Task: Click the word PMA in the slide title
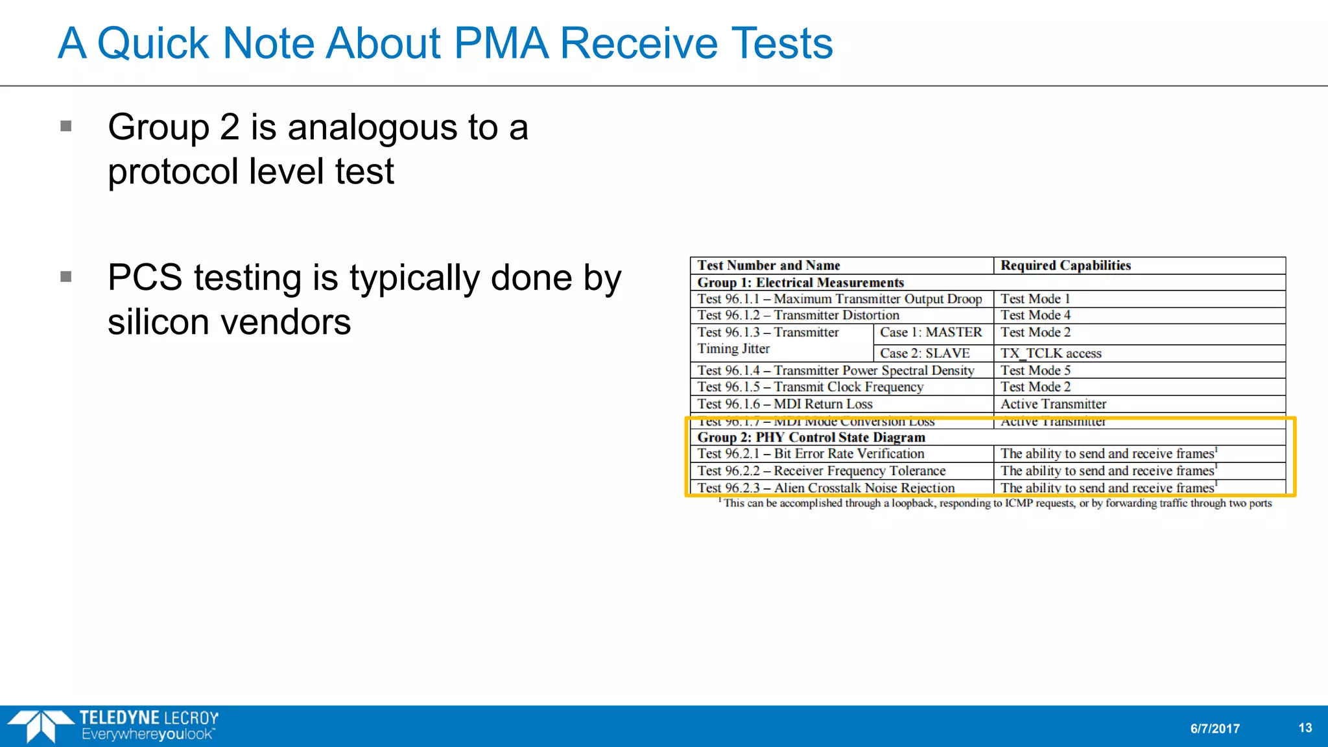coord(501,43)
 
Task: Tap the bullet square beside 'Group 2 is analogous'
coord(65,126)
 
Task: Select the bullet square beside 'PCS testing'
coord(65,277)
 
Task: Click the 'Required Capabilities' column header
coord(1065,265)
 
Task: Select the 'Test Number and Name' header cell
coord(768,265)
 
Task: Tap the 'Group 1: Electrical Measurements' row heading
coord(800,283)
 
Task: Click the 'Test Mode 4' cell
coord(1035,315)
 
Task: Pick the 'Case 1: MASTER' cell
coord(931,333)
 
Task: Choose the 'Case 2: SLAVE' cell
coord(925,353)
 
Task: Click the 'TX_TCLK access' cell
coord(1050,353)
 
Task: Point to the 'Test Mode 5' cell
coord(1035,370)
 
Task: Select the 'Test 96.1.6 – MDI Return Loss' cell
coord(785,404)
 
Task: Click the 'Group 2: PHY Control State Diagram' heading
coord(811,438)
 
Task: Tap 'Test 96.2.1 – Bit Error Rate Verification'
coord(811,454)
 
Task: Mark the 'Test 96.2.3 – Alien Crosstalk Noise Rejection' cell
coord(825,488)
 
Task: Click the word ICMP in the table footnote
coord(1022,503)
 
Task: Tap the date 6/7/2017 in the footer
coord(1215,729)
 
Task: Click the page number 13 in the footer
coord(1305,728)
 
